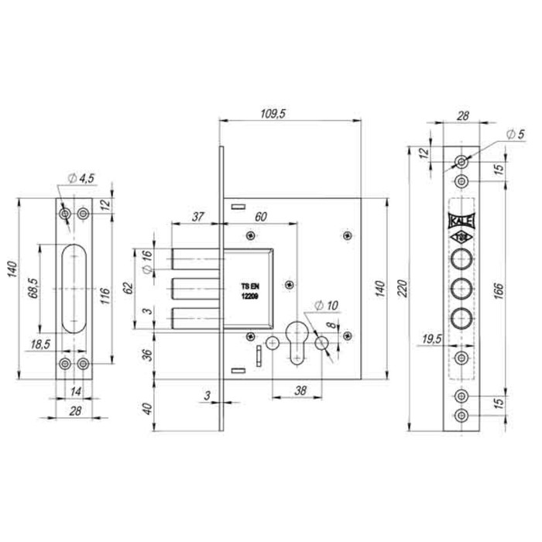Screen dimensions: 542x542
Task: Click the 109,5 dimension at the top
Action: [273, 114]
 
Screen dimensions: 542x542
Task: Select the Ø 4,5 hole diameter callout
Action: [81, 178]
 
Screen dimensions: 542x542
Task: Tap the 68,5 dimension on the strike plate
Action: [33, 288]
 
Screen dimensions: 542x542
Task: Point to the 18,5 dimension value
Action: [40, 345]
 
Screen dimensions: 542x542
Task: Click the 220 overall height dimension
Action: [403, 289]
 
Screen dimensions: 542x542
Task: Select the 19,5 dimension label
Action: [432, 339]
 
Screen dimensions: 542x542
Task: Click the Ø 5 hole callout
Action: [516, 134]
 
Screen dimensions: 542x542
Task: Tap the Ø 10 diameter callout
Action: [326, 306]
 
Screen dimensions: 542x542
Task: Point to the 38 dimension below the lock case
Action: [300, 390]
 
